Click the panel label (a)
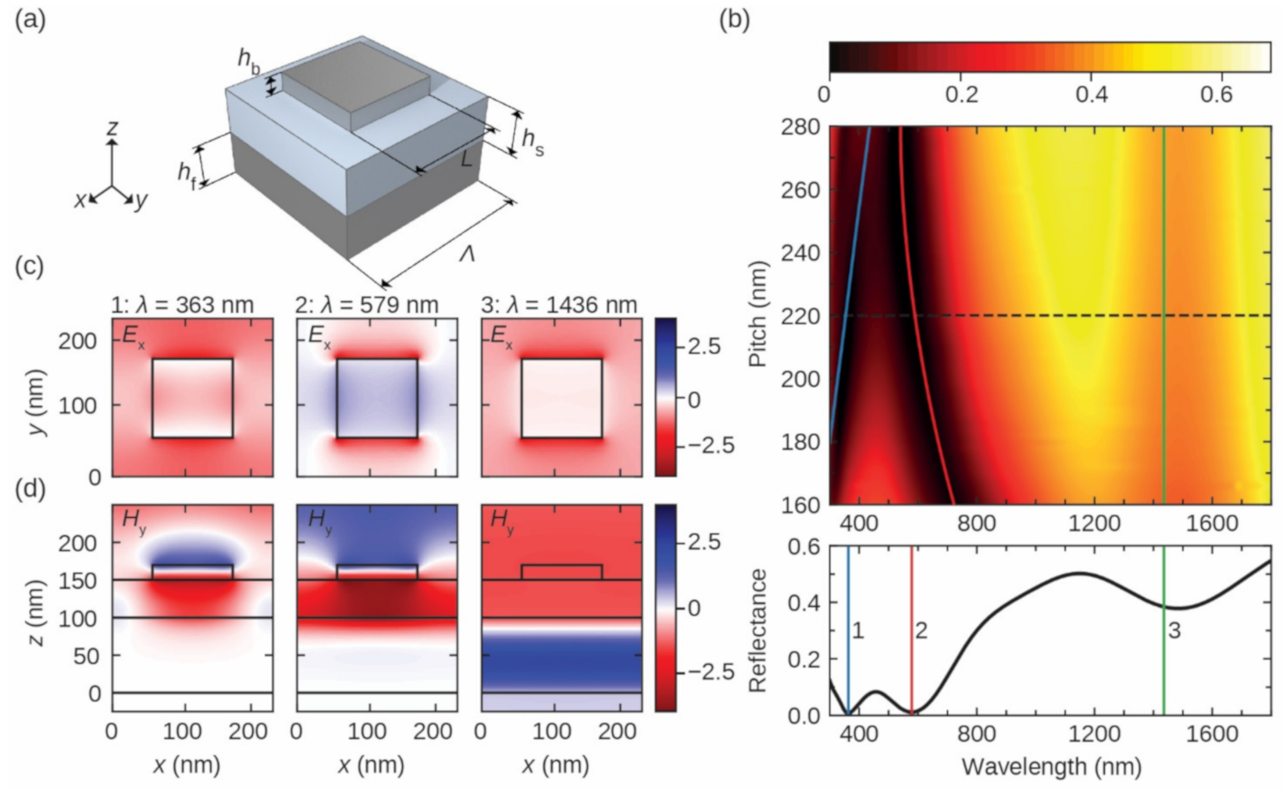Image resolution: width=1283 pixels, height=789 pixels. pyautogui.click(x=30, y=20)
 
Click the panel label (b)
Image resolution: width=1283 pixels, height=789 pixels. pyautogui.click(x=733, y=20)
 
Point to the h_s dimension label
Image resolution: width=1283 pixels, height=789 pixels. pyautogui.click(x=532, y=141)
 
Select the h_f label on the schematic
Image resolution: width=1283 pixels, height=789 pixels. pyautogui.click(x=187, y=173)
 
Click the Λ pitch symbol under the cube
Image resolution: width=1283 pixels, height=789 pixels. pyautogui.click(x=467, y=254)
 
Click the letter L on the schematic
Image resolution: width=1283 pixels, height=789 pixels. pyautogui.click(x=466, y=159)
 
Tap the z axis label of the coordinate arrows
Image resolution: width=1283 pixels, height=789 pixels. pyautogui.click(x=112, y=127)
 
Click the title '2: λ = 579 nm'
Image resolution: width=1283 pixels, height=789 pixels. pyautogui.click(x=366, y=304)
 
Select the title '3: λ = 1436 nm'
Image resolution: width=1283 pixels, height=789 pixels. pyautogui.click(x=559, y=304)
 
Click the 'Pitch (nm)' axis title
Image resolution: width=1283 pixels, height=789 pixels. pyautogui.click(x=757, y=314)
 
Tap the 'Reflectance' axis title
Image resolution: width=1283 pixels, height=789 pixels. pyautogui.click(x=757, y=630)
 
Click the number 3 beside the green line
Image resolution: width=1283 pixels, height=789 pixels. pyautogui.click(x=1174, y=630)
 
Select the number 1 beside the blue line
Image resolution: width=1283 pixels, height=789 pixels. pyautogui.click(x=857, y=630)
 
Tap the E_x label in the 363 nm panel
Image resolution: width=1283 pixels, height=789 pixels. pyautogui.click(x=133, y=335)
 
